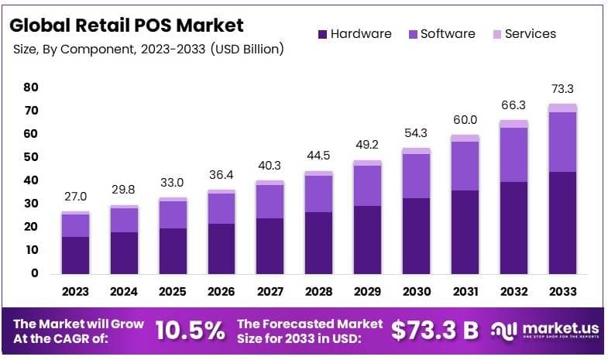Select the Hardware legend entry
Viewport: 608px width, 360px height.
[x=354, y=34]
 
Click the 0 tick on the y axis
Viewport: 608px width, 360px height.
[x=34, y=273]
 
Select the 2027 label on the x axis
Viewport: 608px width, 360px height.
[x=270, y=292]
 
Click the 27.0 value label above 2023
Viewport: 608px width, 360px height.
[x=75, y=197]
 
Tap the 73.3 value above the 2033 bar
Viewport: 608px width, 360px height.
[x=562, y=90]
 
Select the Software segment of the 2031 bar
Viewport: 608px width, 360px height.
[x=465, y=166]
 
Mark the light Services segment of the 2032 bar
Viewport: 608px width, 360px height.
[x=514, y=124]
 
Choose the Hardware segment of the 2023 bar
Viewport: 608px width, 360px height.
[x=75, y=255]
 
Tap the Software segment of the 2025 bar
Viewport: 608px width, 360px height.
[x=173, y=214]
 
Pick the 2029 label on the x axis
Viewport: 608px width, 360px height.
[x=367, y=292]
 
